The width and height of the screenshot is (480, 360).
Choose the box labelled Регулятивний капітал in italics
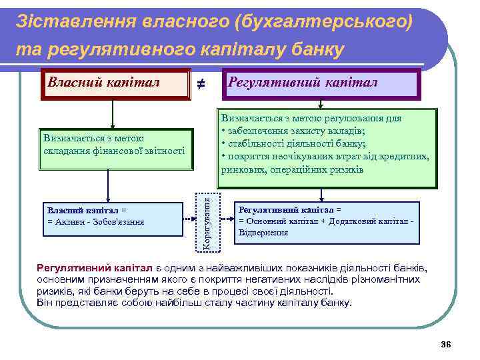[321, 83]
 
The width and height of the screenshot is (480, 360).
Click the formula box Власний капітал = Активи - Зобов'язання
[113, 217]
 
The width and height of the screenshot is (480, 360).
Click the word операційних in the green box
[296, 169]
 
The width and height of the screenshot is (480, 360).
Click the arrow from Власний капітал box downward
[113, 114]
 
